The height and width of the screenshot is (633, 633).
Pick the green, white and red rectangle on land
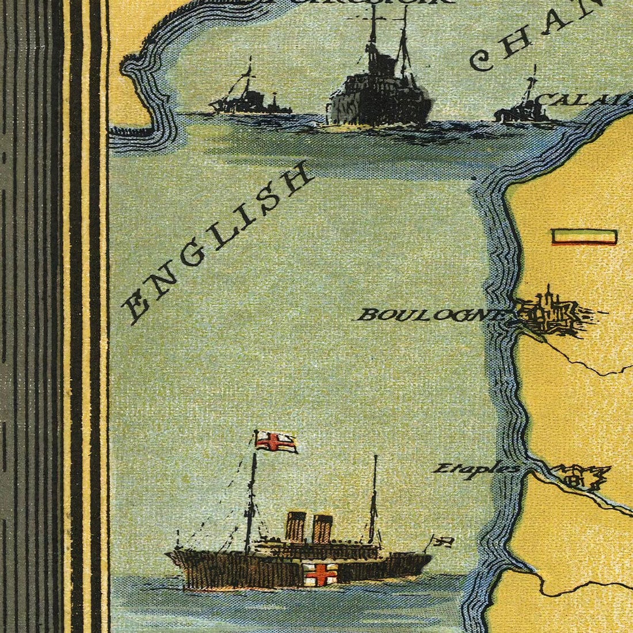tap(584, 237)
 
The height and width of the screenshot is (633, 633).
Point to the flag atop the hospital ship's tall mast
tap(277, 441)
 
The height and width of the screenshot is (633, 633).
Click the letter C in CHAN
tap(485, 59)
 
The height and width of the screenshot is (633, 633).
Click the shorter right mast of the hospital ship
tap(375, 495)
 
